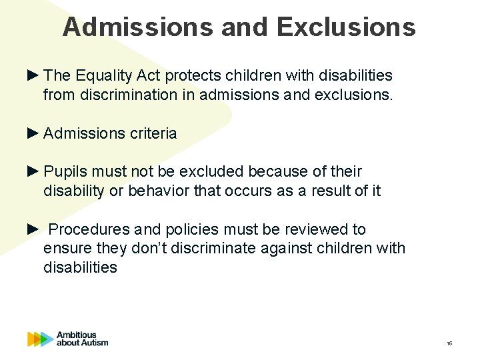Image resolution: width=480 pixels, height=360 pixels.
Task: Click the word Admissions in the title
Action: coord(139,27)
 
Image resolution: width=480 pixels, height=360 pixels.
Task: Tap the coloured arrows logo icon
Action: coord(40,339)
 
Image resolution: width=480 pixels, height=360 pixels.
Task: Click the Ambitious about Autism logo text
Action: coord(82,339)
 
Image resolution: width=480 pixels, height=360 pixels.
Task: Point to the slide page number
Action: coord(449,343)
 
